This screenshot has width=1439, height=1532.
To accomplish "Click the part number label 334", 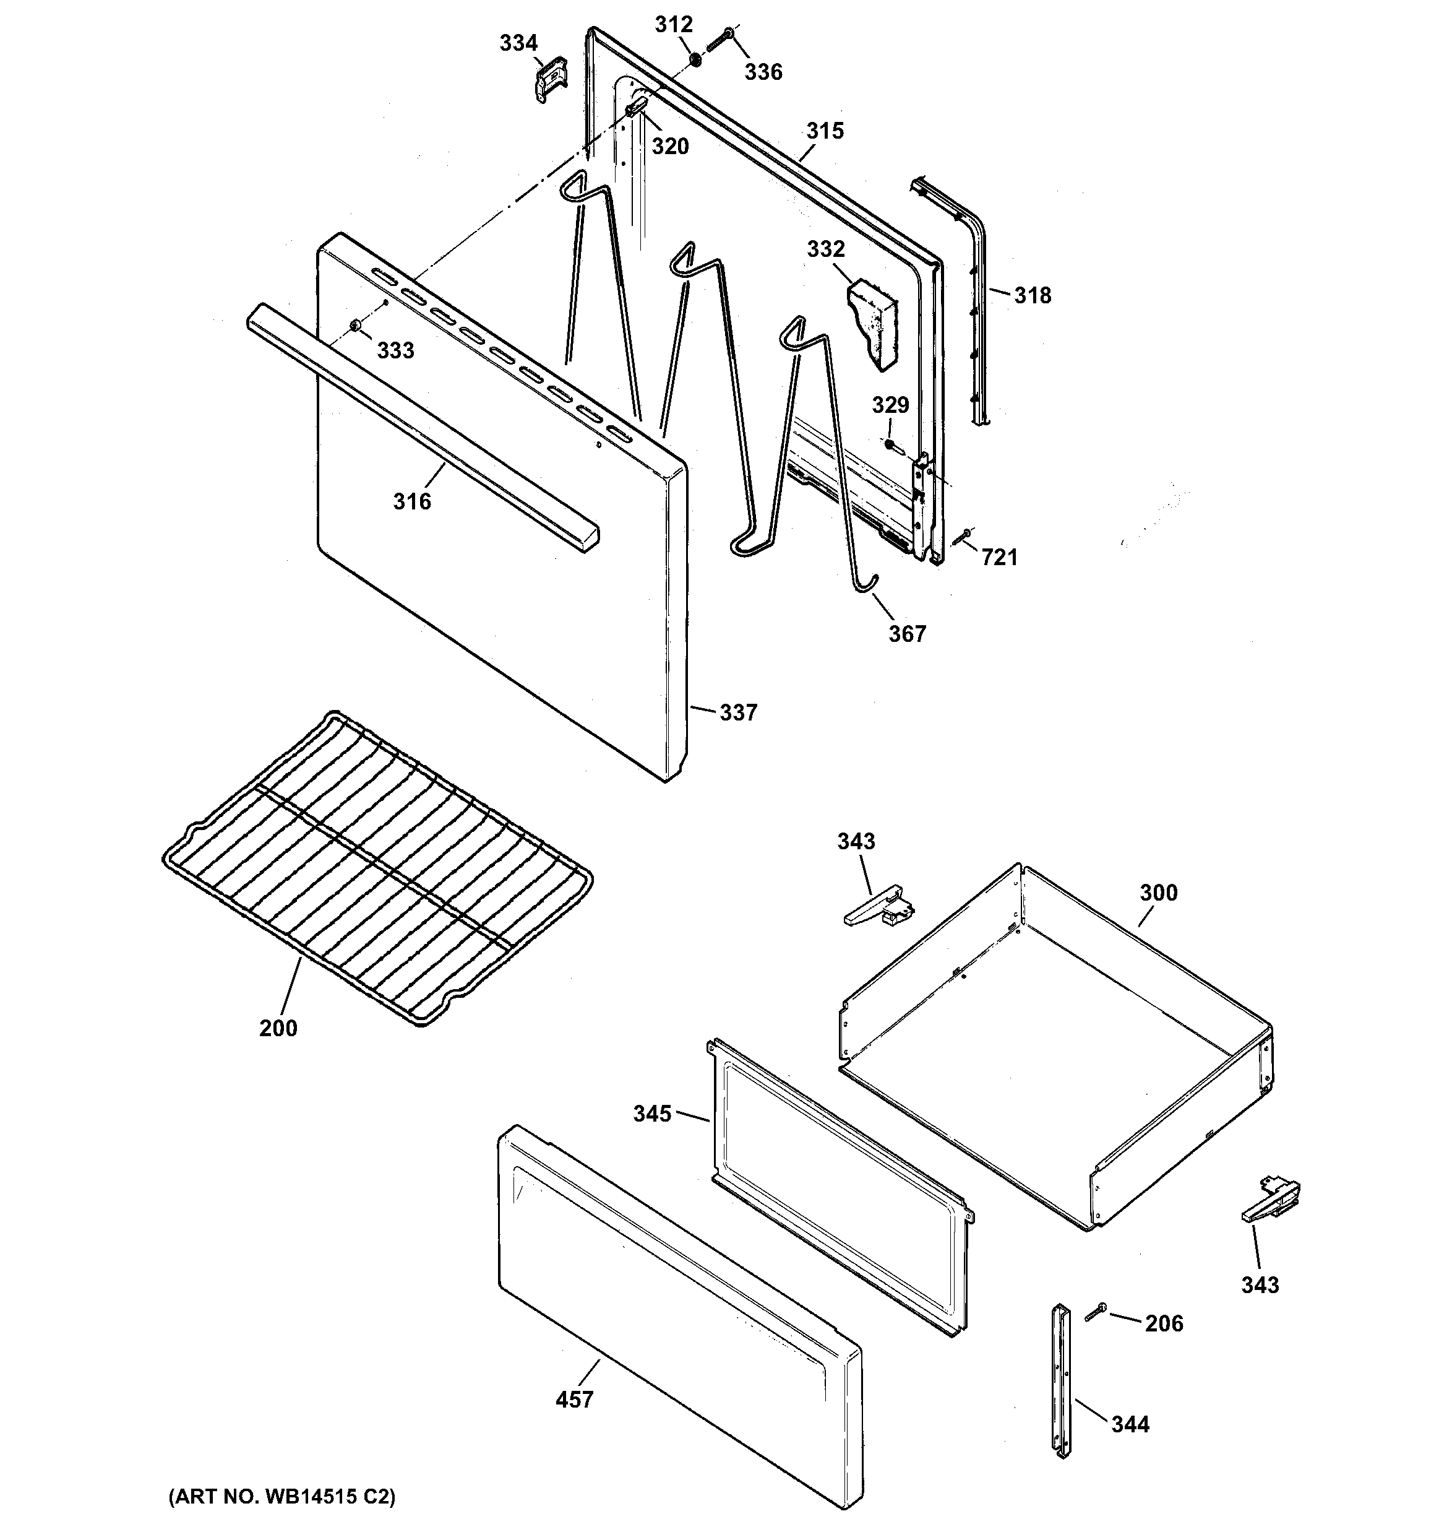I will click(518, 43).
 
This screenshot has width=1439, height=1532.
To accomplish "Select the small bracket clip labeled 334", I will click(549, 79).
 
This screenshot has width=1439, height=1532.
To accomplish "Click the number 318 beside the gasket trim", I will click(1033, 295).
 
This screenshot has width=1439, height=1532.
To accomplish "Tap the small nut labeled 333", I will click(355, 327).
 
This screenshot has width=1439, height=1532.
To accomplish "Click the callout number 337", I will click(738, 713).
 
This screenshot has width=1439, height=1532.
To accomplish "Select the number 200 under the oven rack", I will click(278, 1028).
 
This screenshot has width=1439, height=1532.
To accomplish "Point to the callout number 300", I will click(1159, 893).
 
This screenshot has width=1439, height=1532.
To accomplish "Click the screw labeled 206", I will click(1096, 1312).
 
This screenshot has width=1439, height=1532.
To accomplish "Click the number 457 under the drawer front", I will click(575, 1399).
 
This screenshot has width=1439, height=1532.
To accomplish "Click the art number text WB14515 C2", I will click(282, 1497).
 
